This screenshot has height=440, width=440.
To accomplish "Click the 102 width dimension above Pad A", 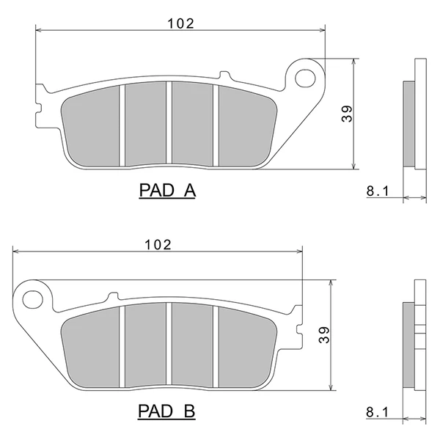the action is pyautogui.click(x=180, y=24).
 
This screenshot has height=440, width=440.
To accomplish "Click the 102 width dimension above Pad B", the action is pyautogui.click(x=158, y=245).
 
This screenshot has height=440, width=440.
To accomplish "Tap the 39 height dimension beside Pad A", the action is pyautogui.click(x=347, y=114).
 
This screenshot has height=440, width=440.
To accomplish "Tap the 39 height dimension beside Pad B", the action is pyautogui.click(x=324, y=335).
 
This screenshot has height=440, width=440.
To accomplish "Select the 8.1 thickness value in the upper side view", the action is pyautogui.click(x=378, y=191).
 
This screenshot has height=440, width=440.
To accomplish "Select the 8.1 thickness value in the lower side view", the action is pyautogui.click(x=378, y=412).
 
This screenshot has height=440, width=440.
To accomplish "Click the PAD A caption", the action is pyautogui.click(x=167, y=191).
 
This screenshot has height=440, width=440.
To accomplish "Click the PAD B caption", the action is pyautogui.click(x=166, y=411).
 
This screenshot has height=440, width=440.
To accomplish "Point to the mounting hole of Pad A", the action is pyautogui.click(x=305, y=78).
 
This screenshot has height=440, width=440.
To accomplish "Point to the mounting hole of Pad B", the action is pyautogui.click(x=33, y=299).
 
